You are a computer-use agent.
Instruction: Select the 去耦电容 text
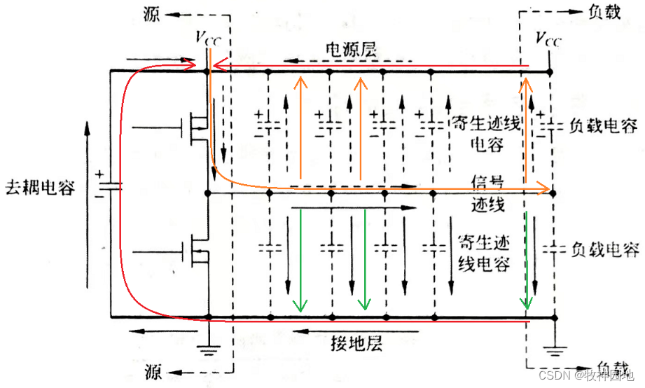click(39, 188)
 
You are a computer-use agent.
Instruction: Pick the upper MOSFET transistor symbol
click(197, 127)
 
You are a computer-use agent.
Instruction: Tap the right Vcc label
click(548, 38)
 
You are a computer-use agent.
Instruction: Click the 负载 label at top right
click(602, 13)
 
